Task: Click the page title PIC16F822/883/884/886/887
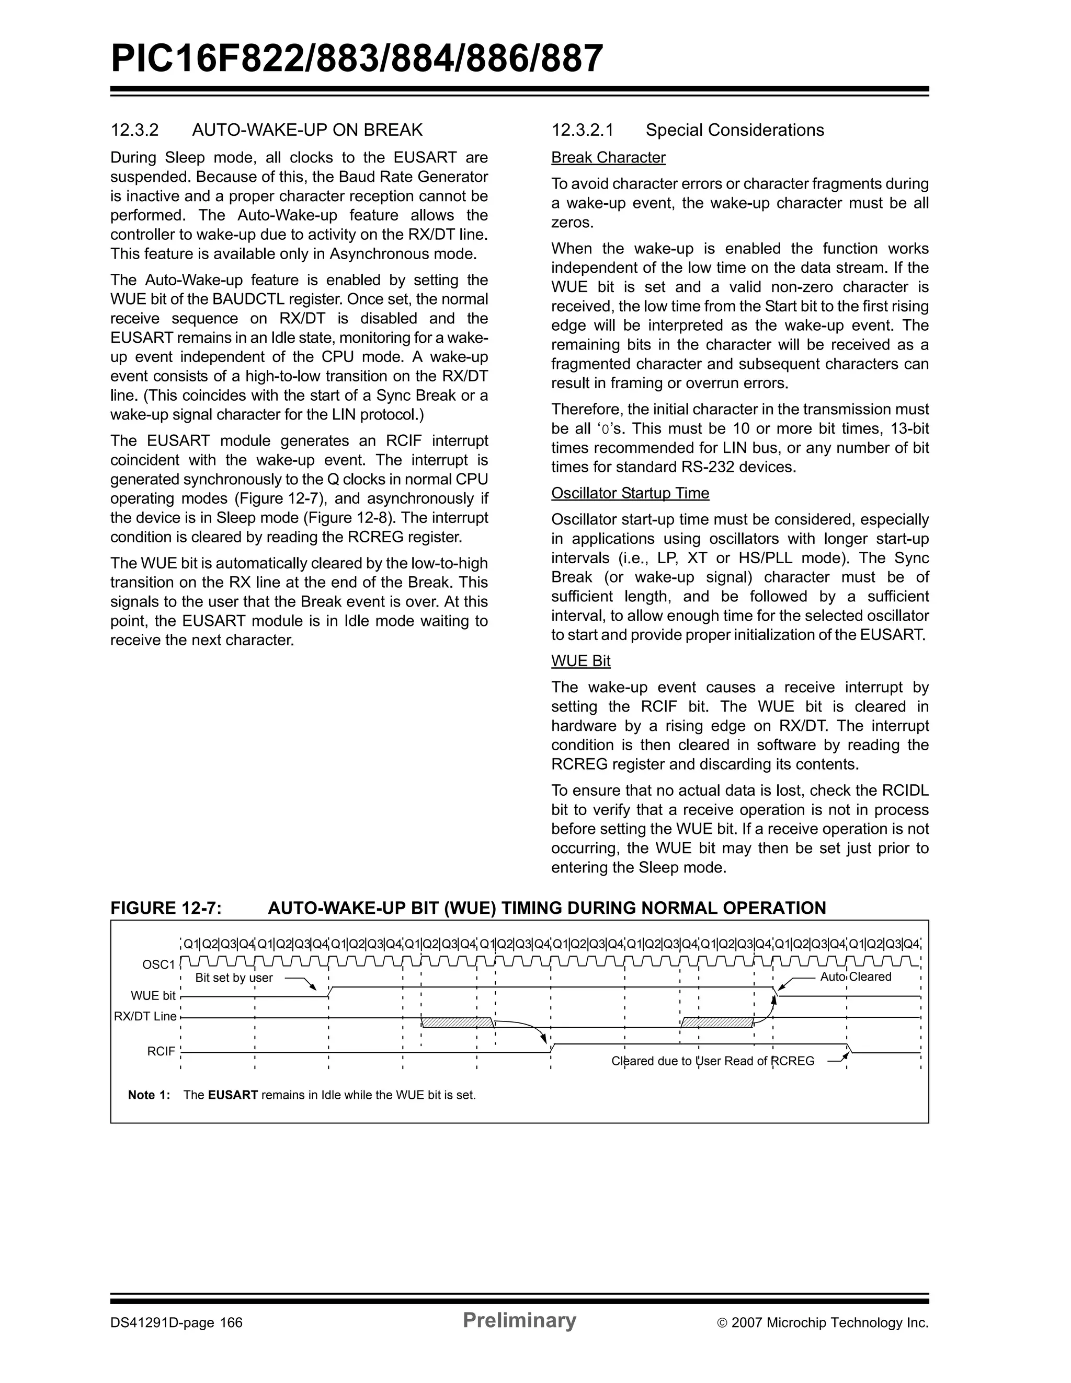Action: pos(357,59)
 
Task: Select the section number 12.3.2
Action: pos(134,131)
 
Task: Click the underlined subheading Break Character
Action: pos(608,158)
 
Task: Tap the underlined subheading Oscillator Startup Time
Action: pos(630,493)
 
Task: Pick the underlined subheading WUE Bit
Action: pos(580,661)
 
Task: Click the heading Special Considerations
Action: pos(735,131)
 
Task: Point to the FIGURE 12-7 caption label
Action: pos(166,908)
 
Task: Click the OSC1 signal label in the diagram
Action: pos(158,964)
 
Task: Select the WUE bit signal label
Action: pos(153,995)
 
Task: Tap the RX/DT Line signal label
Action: pos(145,1016)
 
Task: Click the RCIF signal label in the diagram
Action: pos(161,1051)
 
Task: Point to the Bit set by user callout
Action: pos(234,978)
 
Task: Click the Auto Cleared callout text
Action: pos(856,977)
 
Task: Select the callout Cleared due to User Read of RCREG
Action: pos(712,1061)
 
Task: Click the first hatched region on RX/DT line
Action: pos(457,1022)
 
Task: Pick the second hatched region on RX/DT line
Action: pos(717,1022)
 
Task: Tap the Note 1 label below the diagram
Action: pos(149,1095)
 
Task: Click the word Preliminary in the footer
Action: pos(519,1320)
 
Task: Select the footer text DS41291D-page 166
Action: pos(176,1323)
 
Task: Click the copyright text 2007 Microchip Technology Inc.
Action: pos(829,1323)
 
